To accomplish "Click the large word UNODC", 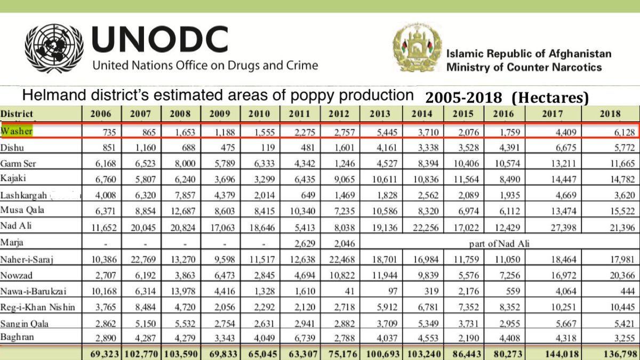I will point(160,39).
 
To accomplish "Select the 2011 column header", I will point(299,114).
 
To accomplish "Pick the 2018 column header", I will point(610,114).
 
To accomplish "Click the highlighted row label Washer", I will point(17,131).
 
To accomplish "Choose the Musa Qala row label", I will point(22,210).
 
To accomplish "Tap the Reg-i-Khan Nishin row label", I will point(38,307).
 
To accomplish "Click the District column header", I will point(17,114).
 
